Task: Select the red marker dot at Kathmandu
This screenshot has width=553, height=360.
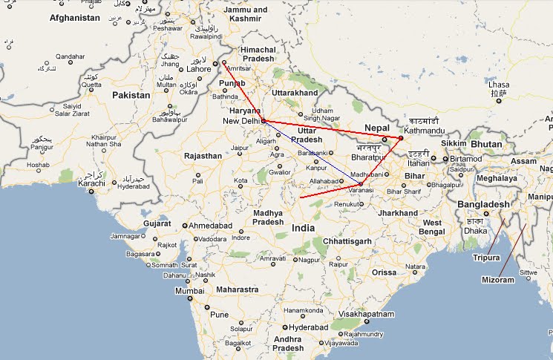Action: pos(400,138)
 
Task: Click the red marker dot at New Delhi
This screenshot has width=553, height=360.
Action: pos(264,120)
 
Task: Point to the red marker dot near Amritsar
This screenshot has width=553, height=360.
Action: pos(224,62)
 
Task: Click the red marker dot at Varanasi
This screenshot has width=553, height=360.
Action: pos(360,184)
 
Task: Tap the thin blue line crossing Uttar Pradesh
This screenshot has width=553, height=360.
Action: pos(312,152)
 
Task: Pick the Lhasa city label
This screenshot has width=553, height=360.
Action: pos(500,85)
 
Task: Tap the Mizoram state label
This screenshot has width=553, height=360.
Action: pos(497,280)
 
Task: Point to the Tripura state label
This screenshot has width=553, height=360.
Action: pos(487,258)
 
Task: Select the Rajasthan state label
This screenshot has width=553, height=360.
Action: pos(203,156)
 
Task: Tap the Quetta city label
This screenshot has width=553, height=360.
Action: pos(91,85)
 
